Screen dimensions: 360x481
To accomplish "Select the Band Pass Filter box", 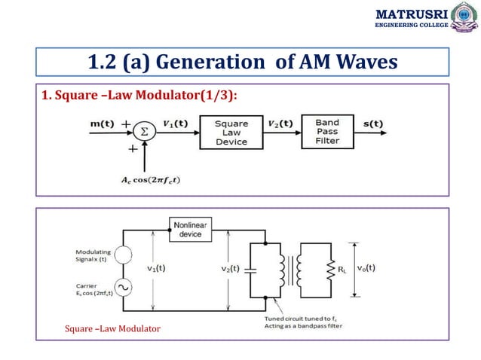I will click(x=326, y=133).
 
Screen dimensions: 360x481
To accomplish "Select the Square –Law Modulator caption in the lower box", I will click(x=112, y=329).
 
